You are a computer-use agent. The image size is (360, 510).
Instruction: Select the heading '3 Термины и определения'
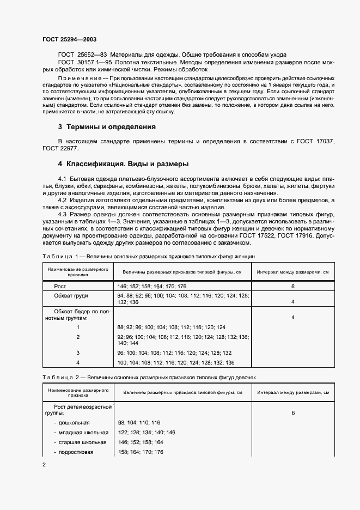coord(107,127)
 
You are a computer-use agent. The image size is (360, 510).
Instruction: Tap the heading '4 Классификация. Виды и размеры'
coord(124,164)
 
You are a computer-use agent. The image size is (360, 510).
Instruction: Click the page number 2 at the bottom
coord(44,464)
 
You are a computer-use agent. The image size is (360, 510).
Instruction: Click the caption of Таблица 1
coord(148,256)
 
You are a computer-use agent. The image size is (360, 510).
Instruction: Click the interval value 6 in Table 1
coord(292,286)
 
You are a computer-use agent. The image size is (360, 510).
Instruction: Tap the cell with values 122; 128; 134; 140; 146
coord(146,432)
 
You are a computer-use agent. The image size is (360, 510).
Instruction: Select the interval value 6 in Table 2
coord(292,413)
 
